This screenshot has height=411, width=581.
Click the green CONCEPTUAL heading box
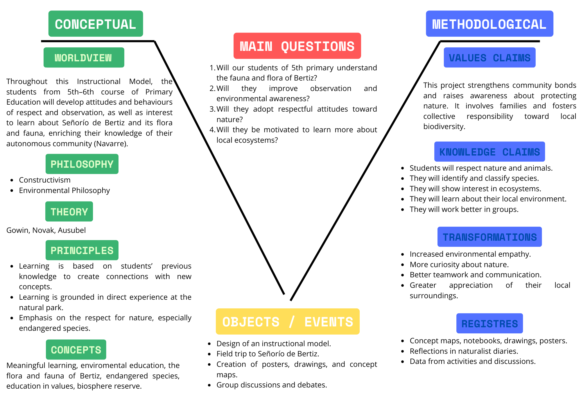pos(96,24)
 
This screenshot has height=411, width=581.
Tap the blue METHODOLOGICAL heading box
pos(489,24)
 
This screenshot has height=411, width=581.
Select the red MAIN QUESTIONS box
pos(297,46)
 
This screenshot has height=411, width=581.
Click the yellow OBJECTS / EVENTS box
pos(288,321)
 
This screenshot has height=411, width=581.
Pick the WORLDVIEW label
pos(84,58)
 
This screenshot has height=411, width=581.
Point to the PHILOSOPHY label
pos(82,164)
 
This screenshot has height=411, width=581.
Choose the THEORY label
pos(69,212)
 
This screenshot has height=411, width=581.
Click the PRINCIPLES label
pos(82,250)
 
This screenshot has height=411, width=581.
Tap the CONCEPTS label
pos(76,350)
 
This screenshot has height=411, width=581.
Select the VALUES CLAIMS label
pos(489,58)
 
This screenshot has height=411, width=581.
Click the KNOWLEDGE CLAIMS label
pos(489,152)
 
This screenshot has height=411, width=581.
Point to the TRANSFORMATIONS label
pos(489,237)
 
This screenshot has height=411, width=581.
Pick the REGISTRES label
pos(489,324)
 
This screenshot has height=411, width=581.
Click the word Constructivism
pos(45,180)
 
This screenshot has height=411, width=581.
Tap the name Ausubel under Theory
pos(72,230)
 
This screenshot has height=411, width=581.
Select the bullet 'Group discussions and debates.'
pos(272,385)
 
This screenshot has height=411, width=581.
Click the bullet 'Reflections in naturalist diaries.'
pos(464,351)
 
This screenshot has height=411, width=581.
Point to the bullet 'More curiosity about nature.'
pos(459,265)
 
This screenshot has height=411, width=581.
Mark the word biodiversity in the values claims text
pos(444,126)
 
